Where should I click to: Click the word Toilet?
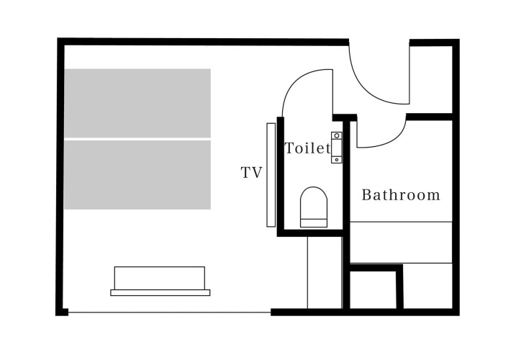tap(308, 148)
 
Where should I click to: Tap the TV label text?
tap(252, 173)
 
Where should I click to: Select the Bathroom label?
tap(401, 195)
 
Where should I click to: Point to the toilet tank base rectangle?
tap(314, 223)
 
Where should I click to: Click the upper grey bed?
tap(137, 103)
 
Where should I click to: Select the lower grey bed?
tap(137, 175)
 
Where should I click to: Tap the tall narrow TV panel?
tap(271, 175)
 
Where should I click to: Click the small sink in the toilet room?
tap(337, 148)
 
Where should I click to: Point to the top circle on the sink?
tap(337, 135)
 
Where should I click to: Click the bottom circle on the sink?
tap(337, 160)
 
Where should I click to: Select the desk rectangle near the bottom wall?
tap(160, 278)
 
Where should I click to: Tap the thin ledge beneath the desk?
tap(160, 293)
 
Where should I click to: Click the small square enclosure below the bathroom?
tap(373, 289)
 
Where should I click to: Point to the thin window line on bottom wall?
tap(169, 312)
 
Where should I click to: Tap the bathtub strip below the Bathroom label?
tap(401, 243)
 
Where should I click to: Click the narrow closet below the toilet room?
tap(325, 273)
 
